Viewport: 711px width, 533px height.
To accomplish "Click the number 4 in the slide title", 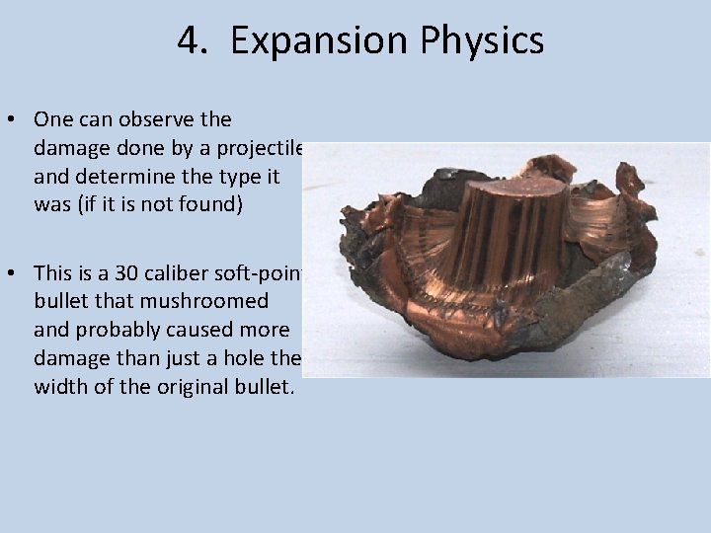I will click(189, 40).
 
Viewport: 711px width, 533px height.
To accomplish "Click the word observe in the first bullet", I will click(165, 120).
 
